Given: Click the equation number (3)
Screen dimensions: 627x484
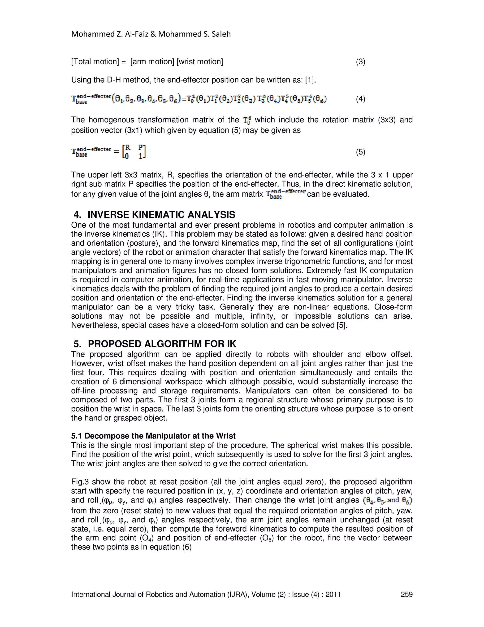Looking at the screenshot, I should (360, 62).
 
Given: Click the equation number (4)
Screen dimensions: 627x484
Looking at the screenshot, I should (360, 99).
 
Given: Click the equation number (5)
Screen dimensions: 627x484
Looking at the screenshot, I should (360, 152).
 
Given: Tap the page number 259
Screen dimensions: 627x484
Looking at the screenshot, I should (406, 594).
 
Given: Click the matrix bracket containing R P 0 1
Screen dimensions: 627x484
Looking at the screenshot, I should (134, 152).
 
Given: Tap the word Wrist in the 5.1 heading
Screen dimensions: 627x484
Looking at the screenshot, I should (226, 436).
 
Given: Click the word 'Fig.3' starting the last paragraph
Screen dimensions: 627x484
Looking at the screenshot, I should (80, 482).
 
